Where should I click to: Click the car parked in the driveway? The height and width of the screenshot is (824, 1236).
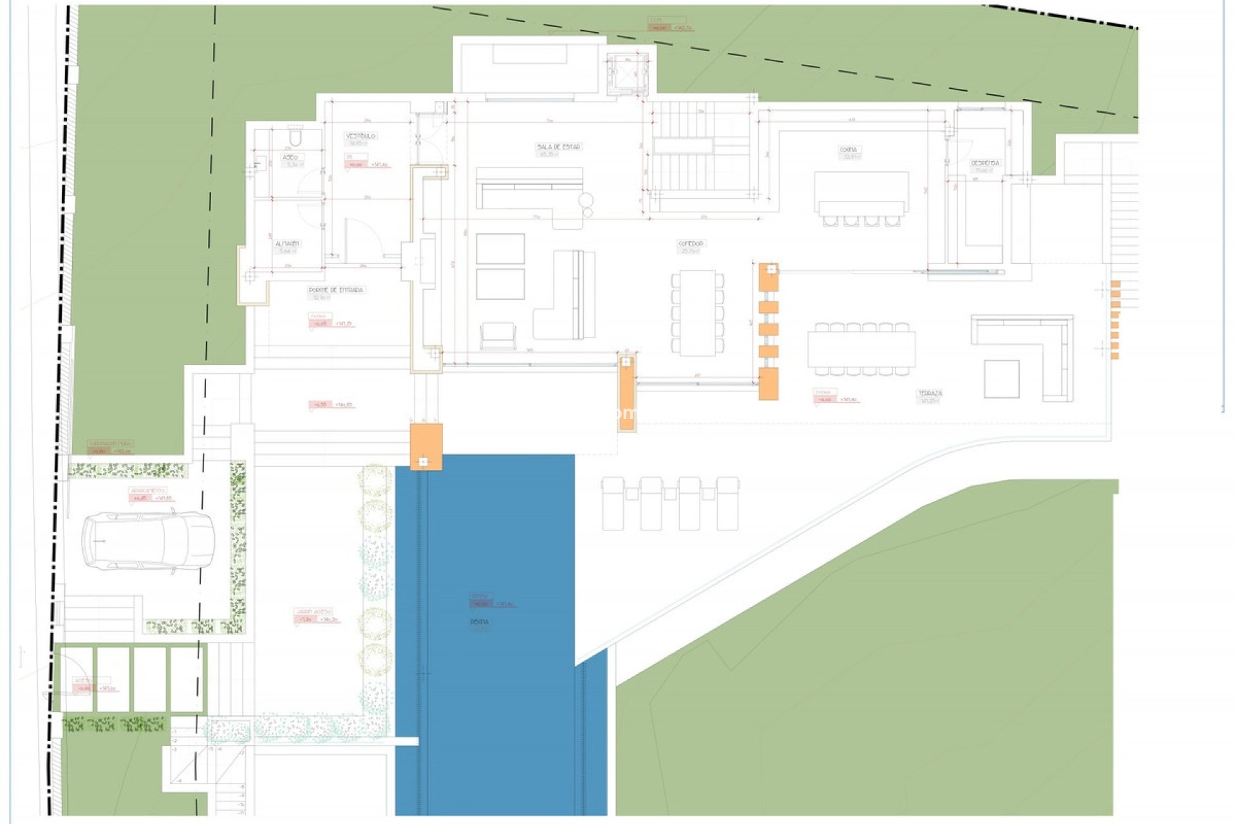(148, 541)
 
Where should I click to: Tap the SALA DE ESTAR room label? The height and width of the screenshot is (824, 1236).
(558, 147)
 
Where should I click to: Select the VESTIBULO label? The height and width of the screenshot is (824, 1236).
(360, 136)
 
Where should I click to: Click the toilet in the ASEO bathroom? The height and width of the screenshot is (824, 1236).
(295, 137)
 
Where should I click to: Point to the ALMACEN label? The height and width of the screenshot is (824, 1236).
(287, 244)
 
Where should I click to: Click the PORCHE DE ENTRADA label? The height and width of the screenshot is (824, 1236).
(336, 290)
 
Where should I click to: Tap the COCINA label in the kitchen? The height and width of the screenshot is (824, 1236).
(848, 149)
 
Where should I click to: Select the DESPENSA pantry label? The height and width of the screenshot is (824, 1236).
(985, 163)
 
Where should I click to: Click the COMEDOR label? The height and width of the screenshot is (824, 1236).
(691, 243)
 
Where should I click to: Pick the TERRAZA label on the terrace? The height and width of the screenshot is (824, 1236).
(930, 393)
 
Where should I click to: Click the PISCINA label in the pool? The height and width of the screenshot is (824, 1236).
(480, 622)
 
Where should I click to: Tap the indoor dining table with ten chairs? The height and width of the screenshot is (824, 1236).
(698, 313)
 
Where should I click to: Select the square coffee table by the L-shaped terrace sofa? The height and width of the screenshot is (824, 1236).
(1001, 379)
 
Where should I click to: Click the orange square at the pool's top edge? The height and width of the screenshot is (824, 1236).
(426, 446)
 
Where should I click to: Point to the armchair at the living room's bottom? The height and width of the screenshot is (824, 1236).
(498, 336)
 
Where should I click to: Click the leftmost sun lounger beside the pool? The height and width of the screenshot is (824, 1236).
(613, 503)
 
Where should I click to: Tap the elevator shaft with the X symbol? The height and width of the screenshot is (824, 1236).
(627, 73)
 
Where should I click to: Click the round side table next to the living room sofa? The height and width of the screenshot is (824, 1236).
(586, 200)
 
